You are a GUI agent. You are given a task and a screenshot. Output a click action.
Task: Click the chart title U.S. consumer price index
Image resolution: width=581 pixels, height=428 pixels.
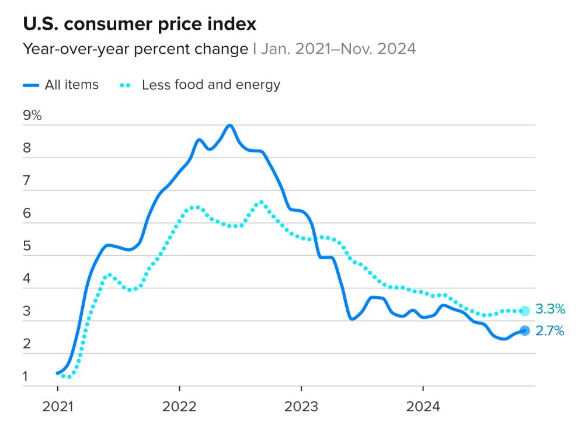[139, 25]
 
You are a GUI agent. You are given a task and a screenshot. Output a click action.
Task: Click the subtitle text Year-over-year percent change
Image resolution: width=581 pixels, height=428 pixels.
[135, 49]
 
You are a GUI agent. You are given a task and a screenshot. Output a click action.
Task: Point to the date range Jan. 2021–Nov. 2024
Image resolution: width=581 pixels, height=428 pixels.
[338, 49]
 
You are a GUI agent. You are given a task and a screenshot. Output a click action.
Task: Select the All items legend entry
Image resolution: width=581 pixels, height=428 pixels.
[61, 85]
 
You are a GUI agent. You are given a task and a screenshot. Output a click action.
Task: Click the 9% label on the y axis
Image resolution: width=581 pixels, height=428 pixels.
[33, 115]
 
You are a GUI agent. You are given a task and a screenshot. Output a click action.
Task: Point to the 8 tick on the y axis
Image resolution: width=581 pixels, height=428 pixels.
[26, 148]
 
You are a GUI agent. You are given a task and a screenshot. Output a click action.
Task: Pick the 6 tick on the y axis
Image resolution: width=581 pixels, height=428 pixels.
[26, 214]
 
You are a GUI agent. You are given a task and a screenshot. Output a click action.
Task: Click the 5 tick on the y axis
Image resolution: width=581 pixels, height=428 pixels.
[26, 246]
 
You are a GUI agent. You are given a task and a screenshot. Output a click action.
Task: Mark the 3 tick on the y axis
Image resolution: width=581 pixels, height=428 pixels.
[26, 311]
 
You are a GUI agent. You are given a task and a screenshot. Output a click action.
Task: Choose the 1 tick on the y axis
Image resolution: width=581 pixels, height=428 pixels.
[26, 377]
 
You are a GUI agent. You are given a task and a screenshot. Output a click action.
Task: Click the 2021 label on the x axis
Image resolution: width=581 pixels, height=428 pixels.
[57, 406]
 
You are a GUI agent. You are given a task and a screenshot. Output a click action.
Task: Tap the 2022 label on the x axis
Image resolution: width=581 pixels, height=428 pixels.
[179, 406]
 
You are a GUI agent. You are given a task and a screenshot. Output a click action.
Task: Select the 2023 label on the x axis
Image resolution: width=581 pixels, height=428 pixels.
[301, 406]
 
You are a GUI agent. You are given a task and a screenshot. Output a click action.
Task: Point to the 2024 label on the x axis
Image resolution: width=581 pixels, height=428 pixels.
[423, 406]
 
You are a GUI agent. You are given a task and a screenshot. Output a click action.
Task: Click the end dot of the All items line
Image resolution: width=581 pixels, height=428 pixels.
[524, 330]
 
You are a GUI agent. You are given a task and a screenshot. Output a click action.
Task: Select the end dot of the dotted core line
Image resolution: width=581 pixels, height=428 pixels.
[524, 311]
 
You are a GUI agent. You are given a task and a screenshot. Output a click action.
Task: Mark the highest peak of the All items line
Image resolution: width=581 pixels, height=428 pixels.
[229, 125]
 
